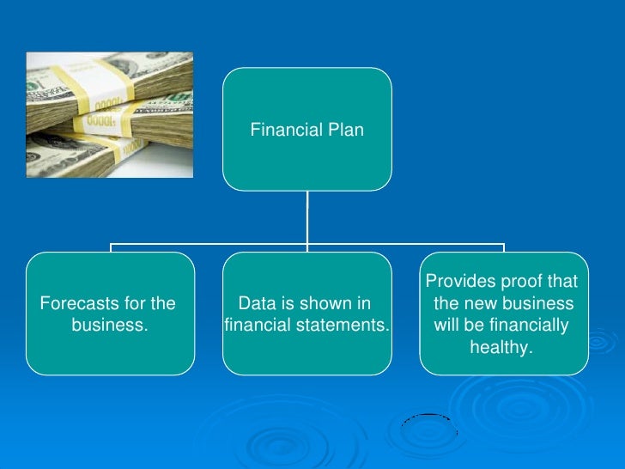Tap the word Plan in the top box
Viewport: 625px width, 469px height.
click(x=344, y=131)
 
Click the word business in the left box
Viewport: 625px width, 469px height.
click(x=108, y=326)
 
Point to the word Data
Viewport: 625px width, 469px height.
click(x=255, y=304)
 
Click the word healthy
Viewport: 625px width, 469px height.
click(x=501, y=348)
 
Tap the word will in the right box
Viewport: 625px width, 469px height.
click(x=449, y=326)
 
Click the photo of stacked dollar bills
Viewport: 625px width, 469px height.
click(x=109, y=114)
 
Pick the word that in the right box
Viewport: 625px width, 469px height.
click(x=561, y=283)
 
